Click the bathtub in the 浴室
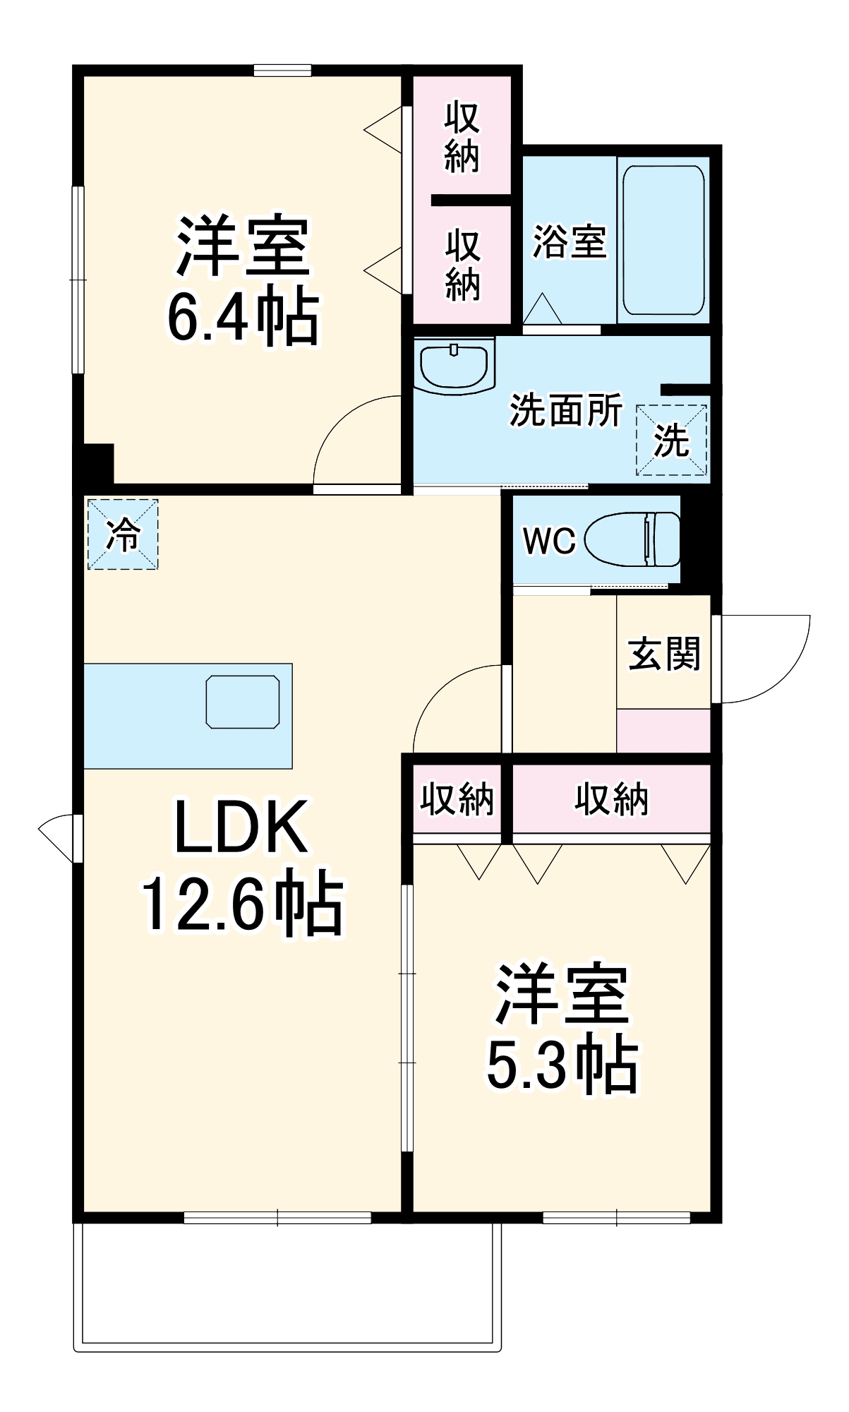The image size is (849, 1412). pos(663,240)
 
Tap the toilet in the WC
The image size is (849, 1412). pos(632,539)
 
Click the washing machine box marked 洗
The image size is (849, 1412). pos(671,440)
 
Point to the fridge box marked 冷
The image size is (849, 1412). pos(123,534)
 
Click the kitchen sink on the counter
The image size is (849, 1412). pos(242,701)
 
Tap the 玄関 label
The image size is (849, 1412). pos(663,653)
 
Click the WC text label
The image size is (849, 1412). pos(549,541)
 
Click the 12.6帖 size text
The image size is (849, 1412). pos(243,904)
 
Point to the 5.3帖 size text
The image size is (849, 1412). pos(562,1065)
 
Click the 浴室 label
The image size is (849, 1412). pos(569,241)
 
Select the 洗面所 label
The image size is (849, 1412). pos(566,409)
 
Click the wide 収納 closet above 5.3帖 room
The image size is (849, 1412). pos(611,799)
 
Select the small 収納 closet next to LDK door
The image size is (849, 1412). pos(457,799)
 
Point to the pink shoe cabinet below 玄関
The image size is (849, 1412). pos(663,731)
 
